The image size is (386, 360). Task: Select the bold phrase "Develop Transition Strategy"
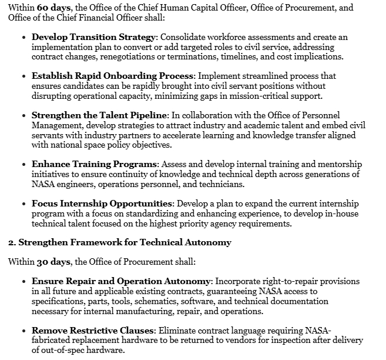pyautogui.click(x=93, y=37)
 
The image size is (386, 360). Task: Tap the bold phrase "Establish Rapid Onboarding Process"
pyautogui.click(x=112, y=76)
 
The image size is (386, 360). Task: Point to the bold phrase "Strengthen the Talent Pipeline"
pyautogui.click(x=100, y=115)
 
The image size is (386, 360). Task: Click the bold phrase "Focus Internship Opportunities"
pyautogui.click(x=102, y=204)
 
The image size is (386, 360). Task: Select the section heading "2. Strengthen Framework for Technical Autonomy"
pyautogui.click(x=119, y=242)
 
